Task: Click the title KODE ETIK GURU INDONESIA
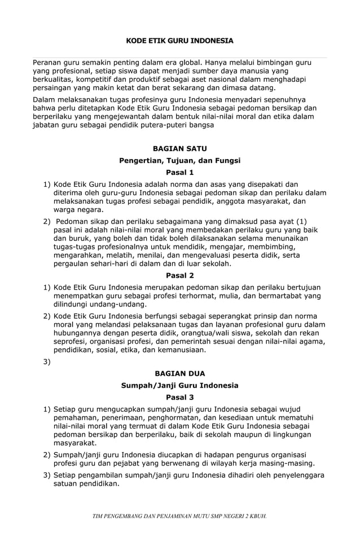[179, 41]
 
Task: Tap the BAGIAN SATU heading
[179, 148]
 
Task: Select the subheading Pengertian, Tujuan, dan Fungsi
[179, 160]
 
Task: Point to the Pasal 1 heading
[179, 172]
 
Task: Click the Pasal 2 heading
[179, 275]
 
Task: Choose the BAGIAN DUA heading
[179, 374]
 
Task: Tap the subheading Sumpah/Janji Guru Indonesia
[179, 385]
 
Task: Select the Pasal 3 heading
[179, 397]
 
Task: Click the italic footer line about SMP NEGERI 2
[179, 515]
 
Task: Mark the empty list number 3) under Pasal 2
[47, 362]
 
